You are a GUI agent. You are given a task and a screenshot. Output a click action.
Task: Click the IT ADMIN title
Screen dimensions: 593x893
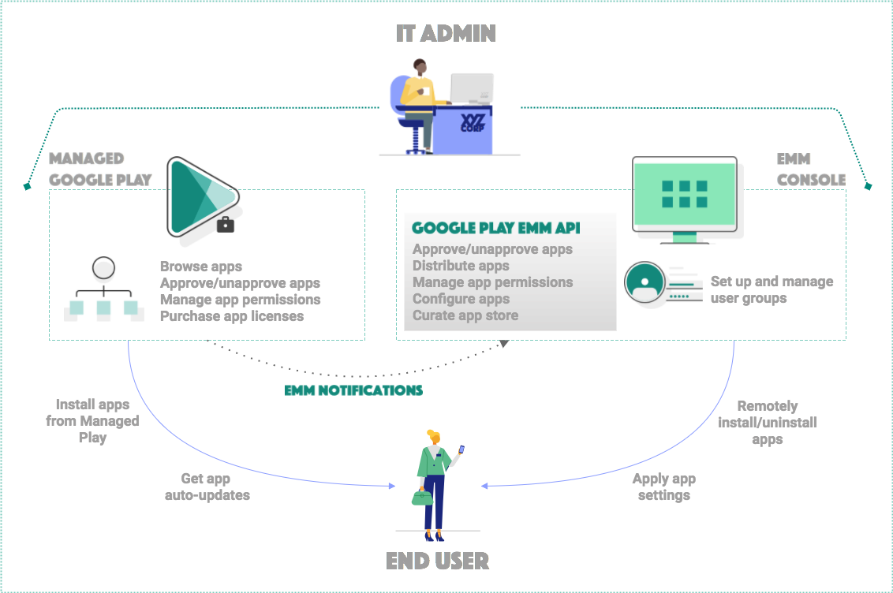[x=446, y=34]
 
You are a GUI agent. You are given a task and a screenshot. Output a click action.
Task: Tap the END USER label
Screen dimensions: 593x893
[x=437, y=561]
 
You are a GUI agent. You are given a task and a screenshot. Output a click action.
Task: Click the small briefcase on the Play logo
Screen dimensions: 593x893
[x=226, y=225]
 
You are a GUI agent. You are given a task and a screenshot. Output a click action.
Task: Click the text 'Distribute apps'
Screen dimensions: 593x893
[x=461, y=266]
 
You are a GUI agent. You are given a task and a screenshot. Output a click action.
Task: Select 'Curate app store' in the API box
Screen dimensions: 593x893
[x=465, y=315]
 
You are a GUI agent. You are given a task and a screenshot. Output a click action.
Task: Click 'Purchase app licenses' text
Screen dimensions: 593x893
[x=231, y=316]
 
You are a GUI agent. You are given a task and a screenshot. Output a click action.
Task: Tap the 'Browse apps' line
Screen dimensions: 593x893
[x=200, y=267]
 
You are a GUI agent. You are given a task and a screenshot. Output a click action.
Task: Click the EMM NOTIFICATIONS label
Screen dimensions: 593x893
[x=353, y=390]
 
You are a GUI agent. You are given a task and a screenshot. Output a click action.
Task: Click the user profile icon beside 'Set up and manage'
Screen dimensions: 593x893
[x=645, y=282]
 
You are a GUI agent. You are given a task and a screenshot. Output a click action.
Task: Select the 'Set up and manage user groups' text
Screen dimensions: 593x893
[x=771, y=289]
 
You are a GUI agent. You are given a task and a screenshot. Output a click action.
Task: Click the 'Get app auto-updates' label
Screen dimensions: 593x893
[x=207, y=487]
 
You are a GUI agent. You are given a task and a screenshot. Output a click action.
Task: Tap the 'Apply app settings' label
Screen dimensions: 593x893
[x=663, y=487]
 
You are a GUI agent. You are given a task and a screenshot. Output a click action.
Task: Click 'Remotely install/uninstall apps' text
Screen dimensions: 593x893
[x=767, y=422]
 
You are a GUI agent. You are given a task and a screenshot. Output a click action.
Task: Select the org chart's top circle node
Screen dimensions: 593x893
[x=103, y=270]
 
